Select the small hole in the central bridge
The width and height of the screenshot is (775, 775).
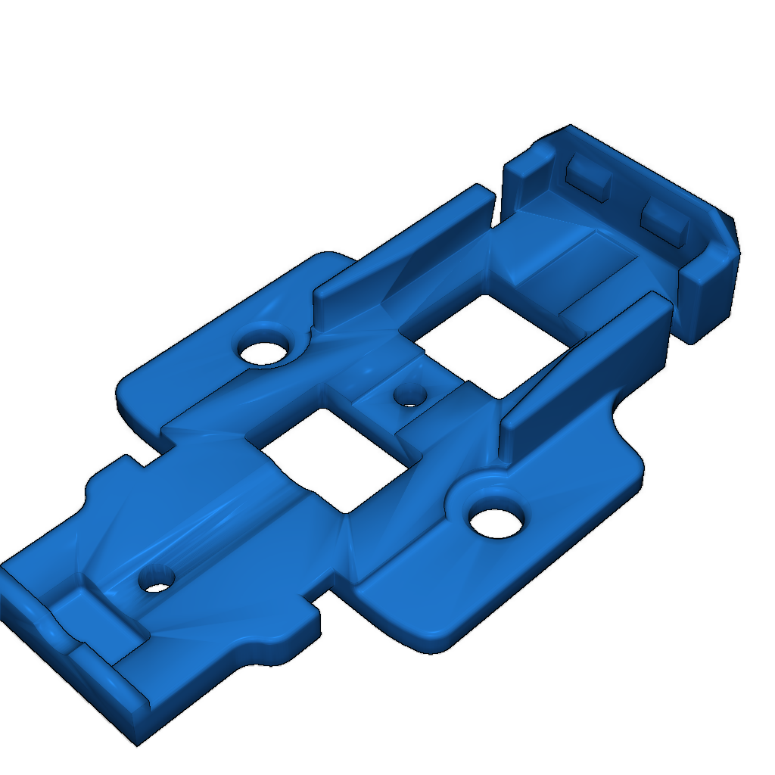(x=410, y=394)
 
